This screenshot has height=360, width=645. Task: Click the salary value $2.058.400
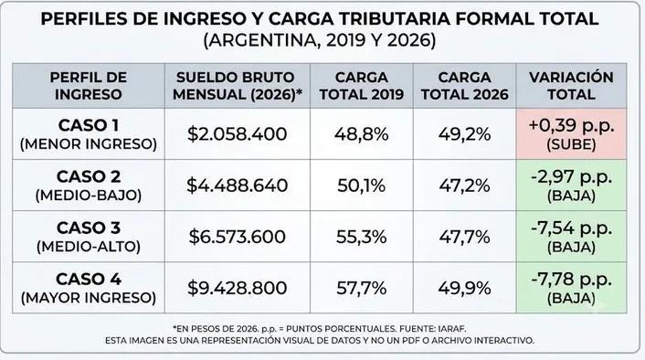pos(238,134)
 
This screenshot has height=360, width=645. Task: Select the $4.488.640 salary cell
pos(238,185)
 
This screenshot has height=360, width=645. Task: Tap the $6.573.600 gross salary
pos(238,237)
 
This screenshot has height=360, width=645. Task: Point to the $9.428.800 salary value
pos(238,288)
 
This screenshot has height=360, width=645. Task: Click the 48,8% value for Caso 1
pos(362,134)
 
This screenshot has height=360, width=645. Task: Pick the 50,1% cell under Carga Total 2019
pos(362,185)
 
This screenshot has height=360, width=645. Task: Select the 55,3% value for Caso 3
pos(362,237)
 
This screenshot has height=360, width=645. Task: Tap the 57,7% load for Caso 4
pos(362,288)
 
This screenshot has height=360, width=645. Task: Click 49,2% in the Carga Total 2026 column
pos(464,134)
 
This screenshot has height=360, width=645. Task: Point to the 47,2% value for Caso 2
pos(464,185)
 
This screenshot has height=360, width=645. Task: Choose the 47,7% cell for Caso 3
pos(464,237)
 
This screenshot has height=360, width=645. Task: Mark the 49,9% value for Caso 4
pos(464,288)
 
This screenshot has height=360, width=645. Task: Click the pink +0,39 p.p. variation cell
pos(571,134)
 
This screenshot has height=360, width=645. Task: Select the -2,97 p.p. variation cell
pos(571,185)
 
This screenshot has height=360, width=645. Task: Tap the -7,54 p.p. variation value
pos(571,228)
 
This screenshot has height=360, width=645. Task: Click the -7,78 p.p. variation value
pos(571,280)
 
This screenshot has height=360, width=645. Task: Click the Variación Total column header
pos(571,86)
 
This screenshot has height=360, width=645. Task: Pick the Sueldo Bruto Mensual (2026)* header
pos(238,86)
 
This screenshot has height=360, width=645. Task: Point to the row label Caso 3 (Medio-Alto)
pos(89,237)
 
